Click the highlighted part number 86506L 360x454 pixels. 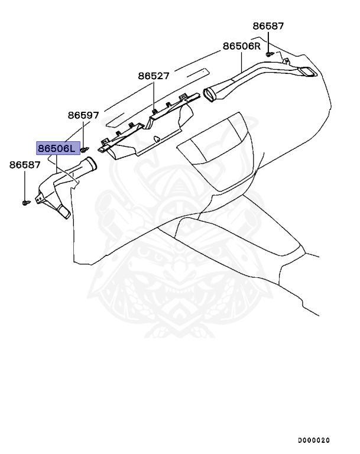[x=57, y=148]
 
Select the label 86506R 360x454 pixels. [x=242, y=46]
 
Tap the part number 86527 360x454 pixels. [x=154, y=76]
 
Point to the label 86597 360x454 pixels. [x=83, y=115]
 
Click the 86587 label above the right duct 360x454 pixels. [x=268, y=26]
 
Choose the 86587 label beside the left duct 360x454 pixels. [x=25, y=165]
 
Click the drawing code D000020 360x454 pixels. [x=313, y=440]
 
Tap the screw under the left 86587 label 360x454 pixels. [x=25, y=202]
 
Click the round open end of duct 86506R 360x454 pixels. [x=211, y=93]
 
